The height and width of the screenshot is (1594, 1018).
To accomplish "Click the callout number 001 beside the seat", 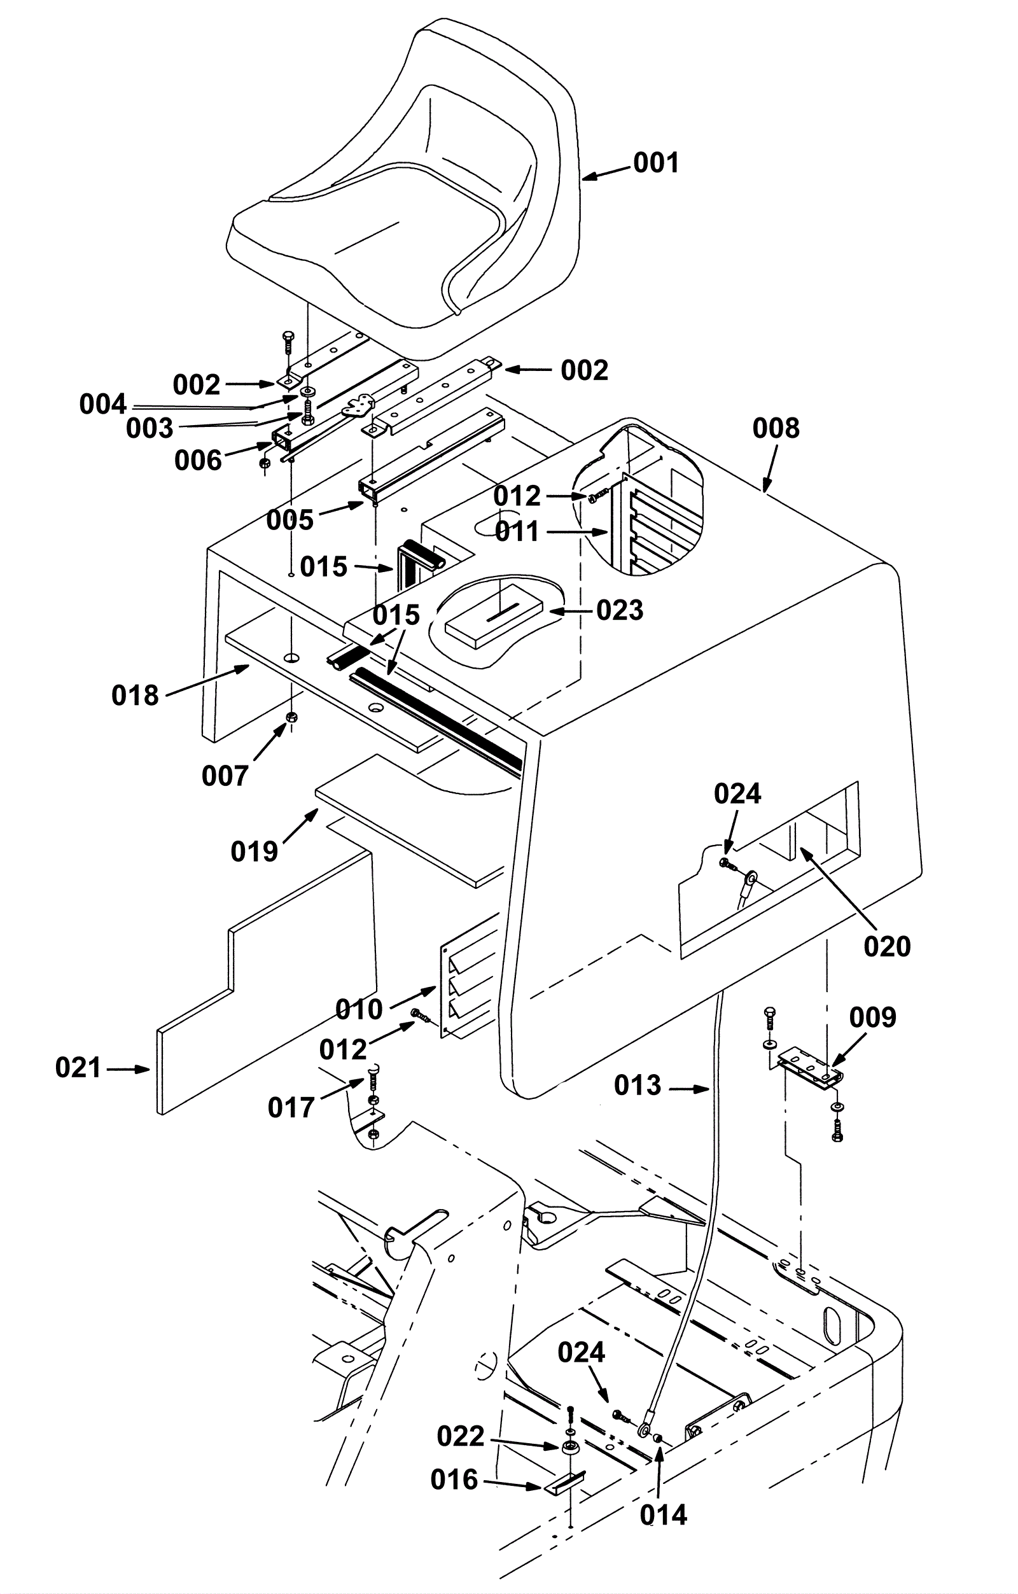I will coord(656,163).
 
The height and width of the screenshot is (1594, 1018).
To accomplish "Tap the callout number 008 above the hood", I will coord(776,429).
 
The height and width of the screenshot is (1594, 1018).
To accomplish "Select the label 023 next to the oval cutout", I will coord(620,610).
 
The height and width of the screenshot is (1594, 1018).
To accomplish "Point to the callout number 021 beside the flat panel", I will coord(78,1068).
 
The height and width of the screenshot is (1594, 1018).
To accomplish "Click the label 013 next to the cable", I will coord(638,1085).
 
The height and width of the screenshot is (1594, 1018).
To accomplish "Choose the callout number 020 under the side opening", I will coord(887,947).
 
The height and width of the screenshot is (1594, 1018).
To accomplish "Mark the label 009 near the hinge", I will coord(872,1017).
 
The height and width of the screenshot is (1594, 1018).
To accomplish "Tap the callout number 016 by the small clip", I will coord(454,1479).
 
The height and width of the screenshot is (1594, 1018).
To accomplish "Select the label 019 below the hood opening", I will coord(254,852).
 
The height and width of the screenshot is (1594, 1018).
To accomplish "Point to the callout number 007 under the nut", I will coord(225,776).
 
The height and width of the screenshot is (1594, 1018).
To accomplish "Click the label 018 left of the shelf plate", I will coord(135,696).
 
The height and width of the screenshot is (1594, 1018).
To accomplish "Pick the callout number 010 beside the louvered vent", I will coord(359,1009).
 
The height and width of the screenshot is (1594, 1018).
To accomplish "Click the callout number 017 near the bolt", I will coord(291,1107).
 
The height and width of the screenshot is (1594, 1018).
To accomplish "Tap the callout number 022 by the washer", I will coord(460,1436).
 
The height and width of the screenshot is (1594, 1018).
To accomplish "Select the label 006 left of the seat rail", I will coord(198,461).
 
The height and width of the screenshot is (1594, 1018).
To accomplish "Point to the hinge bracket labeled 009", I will coord(810,1068).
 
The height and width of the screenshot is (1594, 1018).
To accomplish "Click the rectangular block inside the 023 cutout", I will coord(493,615).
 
